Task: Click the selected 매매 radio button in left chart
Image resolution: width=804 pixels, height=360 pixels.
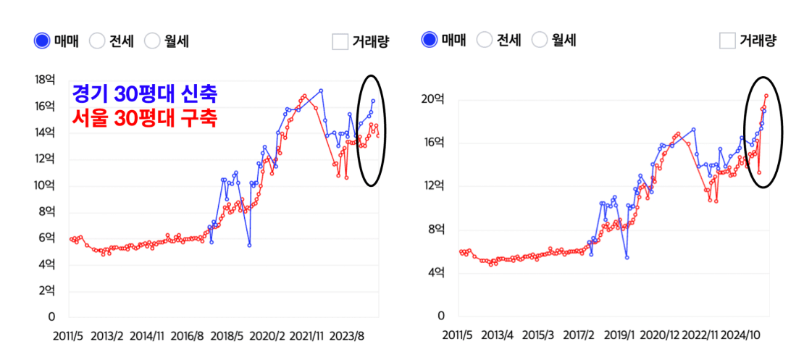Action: point(42,41)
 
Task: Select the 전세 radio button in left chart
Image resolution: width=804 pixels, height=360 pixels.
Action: point(97,41)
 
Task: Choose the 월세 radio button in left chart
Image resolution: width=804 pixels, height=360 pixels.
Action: point(152,41)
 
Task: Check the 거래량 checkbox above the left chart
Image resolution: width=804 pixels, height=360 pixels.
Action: point(340,41)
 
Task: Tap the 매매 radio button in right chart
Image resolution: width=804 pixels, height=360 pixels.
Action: point(430,41)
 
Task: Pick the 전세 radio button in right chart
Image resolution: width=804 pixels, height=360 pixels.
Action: point(485,41)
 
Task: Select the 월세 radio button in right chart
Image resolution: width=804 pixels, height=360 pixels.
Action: point(540,41)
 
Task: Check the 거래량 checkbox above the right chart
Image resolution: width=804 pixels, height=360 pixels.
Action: point(728,41)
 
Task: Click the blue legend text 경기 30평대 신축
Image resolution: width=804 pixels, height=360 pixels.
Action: point(144,94)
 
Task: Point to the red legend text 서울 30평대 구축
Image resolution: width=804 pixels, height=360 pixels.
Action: point(144,117)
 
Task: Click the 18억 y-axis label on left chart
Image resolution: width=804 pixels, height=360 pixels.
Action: point(46,80)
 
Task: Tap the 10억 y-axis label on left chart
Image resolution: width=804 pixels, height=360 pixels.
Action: point(46,185)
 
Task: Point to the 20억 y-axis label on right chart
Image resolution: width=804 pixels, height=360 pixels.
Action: point(433,99)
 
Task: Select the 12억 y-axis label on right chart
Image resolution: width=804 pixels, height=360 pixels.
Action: point(433,186)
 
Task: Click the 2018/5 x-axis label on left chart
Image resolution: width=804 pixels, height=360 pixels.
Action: point(229,337)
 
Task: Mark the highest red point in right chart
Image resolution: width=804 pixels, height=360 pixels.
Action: point(766,96)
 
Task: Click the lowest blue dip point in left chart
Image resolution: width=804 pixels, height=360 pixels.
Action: point(249,245)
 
